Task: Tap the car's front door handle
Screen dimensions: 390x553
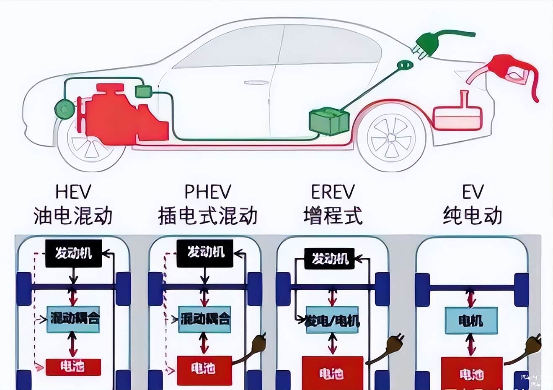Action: coord(256,83)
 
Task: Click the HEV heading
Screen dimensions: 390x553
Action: coord(73,192)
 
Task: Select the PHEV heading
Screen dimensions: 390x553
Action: coord(208,192)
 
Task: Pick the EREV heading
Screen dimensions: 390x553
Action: coord(333,192)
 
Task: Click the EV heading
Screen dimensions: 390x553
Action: coord(473,192)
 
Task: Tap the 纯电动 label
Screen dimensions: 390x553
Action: coord(473,216)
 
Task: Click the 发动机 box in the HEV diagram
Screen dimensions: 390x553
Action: coord(73,253)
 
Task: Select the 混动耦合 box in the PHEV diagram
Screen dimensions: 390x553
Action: coord(205,319)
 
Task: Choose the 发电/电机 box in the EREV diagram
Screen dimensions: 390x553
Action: coord(333,322)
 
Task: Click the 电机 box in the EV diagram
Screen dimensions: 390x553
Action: coord(471,321)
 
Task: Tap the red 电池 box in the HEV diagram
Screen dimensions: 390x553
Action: coord(73,367)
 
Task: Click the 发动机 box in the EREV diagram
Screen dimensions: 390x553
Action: coord(330,258)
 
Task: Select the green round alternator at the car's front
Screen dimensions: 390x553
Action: coord(65,109)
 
